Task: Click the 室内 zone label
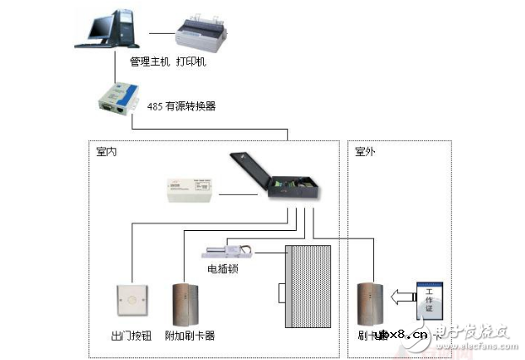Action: pyautogui.click(x=107, y=152)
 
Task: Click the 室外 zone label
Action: pyautogui.click(x=365, y=152)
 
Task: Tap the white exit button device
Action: pyautogui.click(x=131, y=300)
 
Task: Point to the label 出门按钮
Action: pyautogui.click(x=131, y=336)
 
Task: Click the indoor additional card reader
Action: pyautogui.click(x=185, y=304)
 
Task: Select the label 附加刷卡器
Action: pyautogui.click(x=191, y=336)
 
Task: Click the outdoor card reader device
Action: pyautogui.click(x=369, y=304)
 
